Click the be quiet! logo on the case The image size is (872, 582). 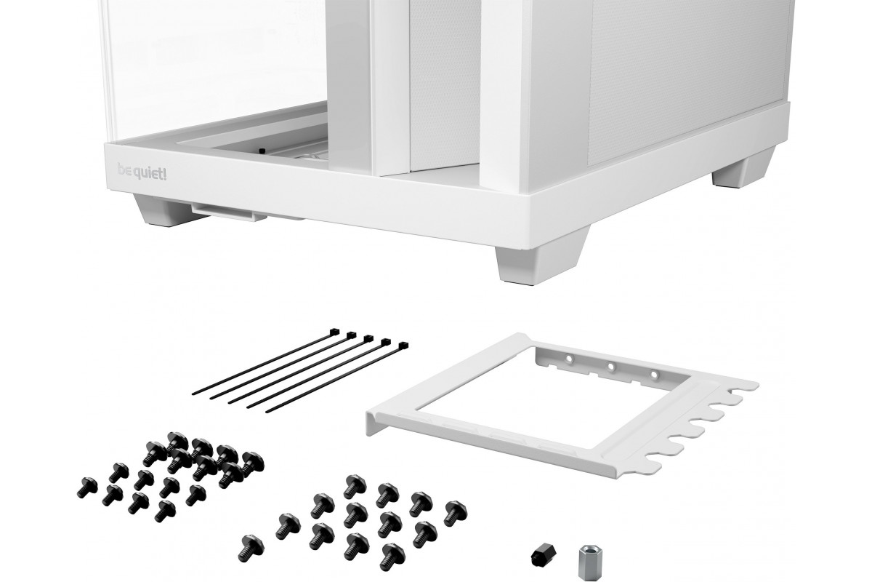pos(142,172)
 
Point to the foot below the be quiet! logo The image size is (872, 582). pos(160,210)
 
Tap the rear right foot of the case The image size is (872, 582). pos(742,170)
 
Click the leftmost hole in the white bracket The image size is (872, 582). pos(568,357)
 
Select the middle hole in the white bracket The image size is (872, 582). pos(611,366)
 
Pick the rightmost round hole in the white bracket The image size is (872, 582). pos(655,375)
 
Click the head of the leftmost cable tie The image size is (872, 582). pos(334,332)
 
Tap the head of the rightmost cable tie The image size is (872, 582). pos(403,346)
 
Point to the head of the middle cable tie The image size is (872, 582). pos(368,338)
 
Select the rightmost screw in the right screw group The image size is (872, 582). pos(456,514)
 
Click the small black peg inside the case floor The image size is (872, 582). pos(261,150)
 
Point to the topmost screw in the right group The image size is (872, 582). pos(355,486)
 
